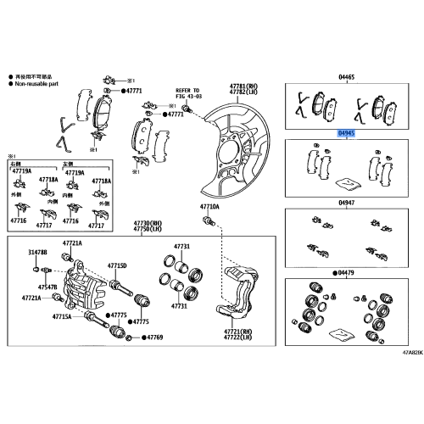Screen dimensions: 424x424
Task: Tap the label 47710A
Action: pos(209,206)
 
